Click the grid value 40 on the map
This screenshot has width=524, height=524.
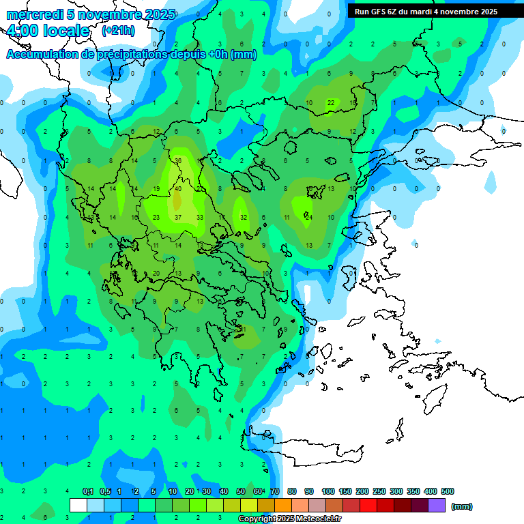point(178,189)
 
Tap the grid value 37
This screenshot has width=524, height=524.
point(178,218)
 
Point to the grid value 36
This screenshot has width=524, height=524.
point(178,161)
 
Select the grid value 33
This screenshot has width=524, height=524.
point(200,218)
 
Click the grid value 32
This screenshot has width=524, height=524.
point(244,218)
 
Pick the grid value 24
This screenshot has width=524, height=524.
point(309,218)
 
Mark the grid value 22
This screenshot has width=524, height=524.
point(331,103)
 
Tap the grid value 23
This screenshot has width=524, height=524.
point(156,218)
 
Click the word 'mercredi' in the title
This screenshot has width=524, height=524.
point(33,14)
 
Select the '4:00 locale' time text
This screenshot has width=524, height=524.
point(47,31)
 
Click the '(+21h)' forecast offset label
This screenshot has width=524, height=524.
point(118,31)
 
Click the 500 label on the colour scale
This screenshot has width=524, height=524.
point(448,491)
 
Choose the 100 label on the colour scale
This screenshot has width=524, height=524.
point(327,491)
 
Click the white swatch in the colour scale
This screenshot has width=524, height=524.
point(78,506)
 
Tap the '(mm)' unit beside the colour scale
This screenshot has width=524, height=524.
point(462,506)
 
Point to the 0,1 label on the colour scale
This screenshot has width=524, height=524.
point(88,491)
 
